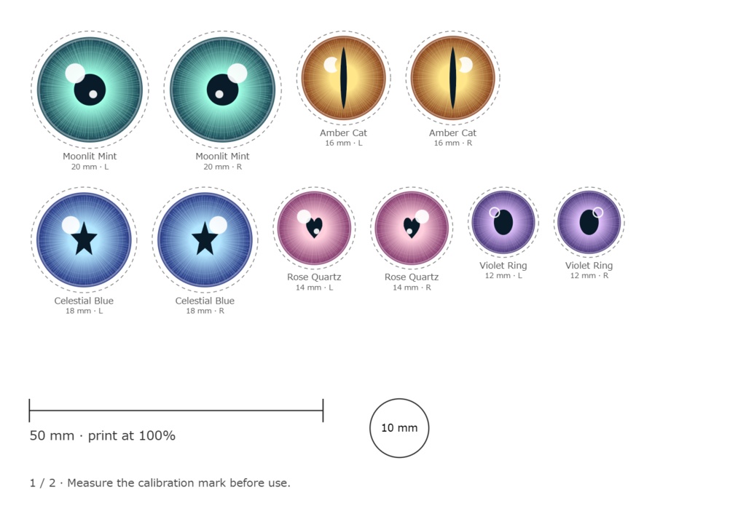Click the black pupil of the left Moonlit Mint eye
(90, 90)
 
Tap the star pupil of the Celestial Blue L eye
(85, 238)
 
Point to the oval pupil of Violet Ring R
(589, 222)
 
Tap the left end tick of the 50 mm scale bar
(29, 411)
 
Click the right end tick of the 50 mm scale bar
(323, 411)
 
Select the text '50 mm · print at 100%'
(102, 435)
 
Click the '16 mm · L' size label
(344, 143)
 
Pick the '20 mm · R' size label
(223, 167)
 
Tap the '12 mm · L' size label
(503, 276)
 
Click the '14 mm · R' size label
(412, 288)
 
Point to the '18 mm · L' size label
(85, 311)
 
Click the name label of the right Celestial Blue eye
(205, 301)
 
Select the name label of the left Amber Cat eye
(344, 133)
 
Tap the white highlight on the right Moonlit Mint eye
(237, 74)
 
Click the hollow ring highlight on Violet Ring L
(495, 212)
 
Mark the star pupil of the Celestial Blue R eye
(205, 238)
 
